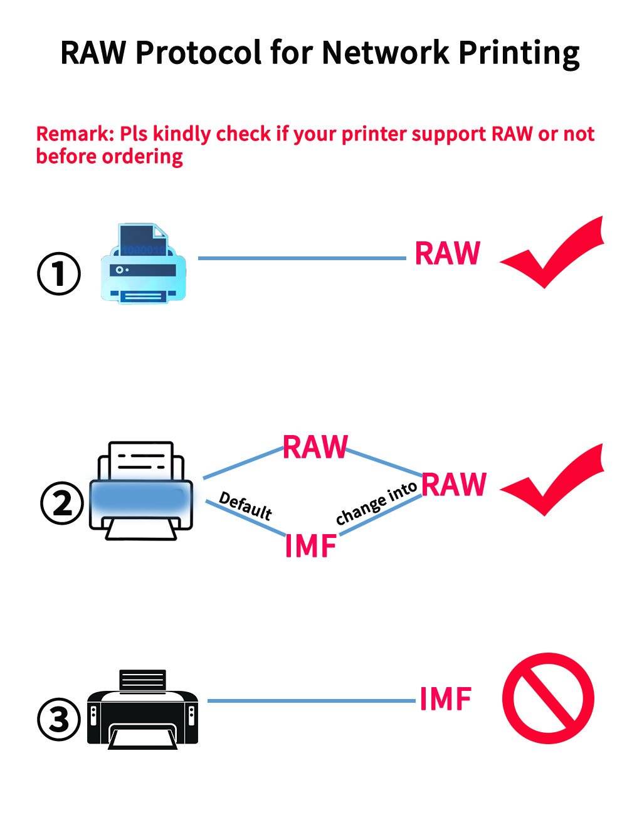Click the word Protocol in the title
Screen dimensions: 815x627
tap(198, 53)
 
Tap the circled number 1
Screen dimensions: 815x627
tap(59, 274)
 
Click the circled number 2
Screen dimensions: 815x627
tap(61, 503)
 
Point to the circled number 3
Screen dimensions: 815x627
tap(59, 719)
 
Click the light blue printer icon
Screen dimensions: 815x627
tap(143, 264)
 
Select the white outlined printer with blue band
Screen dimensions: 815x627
tap(142, 492)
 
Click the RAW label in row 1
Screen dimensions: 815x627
tap(447, 253)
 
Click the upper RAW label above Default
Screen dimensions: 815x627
tap(315, 446)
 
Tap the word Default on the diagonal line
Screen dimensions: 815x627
tap(245, 507)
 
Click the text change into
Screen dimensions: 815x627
tap(376, 504)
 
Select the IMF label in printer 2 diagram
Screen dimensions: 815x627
tap(311, 545)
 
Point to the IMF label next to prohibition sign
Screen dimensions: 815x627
tap(445, 700)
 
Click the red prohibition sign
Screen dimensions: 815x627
tap(547, 698)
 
